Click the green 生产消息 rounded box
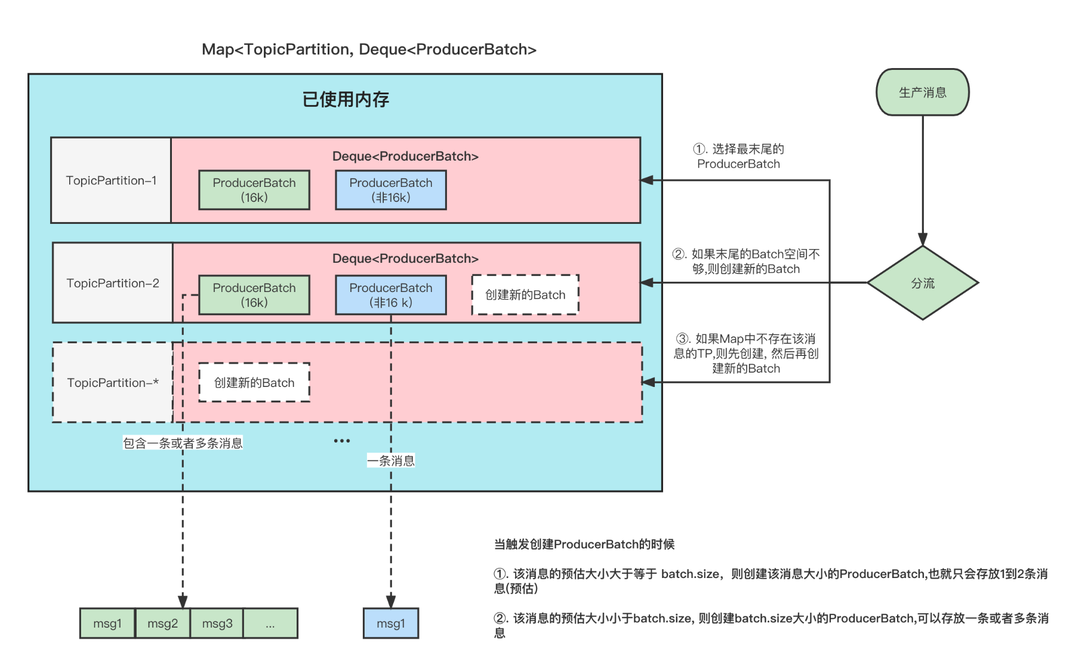click(922, 93)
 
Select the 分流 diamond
click(922, 283)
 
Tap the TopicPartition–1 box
click(111, 180)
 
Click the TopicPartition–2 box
click(113, 283)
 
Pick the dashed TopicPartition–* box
click(113, 383)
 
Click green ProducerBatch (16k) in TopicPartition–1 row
click(254, 190)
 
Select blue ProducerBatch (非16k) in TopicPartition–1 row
click(391, 190)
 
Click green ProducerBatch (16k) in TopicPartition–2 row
click(254, 295)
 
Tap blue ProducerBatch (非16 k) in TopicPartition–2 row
click(391, 295)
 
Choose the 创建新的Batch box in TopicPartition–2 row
click(525, 295)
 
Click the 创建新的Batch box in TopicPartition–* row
click(254, 383)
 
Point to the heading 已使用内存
click(346, 99)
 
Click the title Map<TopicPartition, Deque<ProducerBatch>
click(369, 50)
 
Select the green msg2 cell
click(163, 623)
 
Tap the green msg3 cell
click(217, 623)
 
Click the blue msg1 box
click(391, 623)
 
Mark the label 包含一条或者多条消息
click(183, 443)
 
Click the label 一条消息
click(391, 461)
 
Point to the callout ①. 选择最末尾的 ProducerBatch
click(738, 156)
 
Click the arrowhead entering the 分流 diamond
click(923, 240)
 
